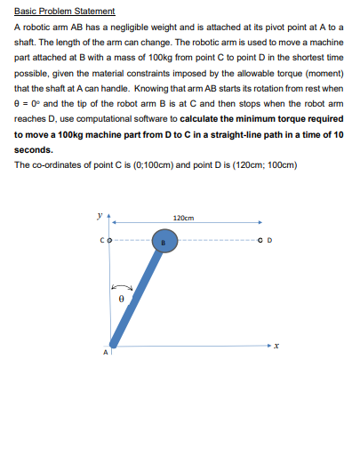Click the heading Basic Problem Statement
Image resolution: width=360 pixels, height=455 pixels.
[65, 12]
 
